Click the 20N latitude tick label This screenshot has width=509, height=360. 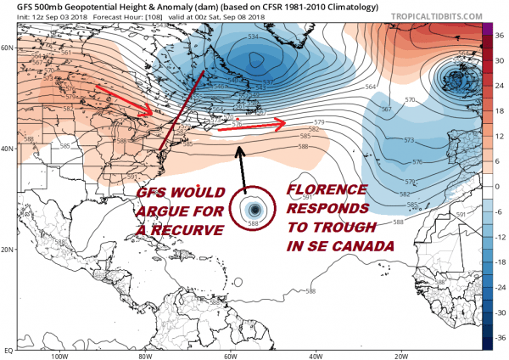(8, 249)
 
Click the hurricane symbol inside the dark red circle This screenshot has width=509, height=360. (254, 210)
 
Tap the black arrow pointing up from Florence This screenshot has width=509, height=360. (242, 166)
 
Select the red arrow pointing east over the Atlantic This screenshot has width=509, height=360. (255, 127)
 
